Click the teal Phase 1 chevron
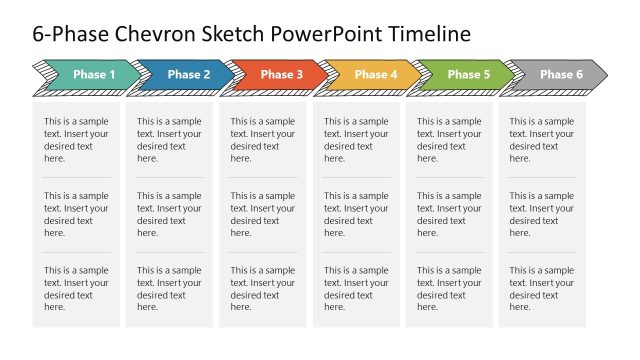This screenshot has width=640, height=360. (x=93, y=74)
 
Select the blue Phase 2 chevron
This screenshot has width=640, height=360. (x=187, y=74)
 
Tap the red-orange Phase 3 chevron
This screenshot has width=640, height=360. (x=281, y=74)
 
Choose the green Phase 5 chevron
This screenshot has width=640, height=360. (x=467, y=74)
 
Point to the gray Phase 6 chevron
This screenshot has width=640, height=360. (x=560, y=74)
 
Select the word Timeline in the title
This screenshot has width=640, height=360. (x=424, y=35)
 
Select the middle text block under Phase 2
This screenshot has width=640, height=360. (x=169, y=214)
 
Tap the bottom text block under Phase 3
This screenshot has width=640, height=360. (x=263, y=288)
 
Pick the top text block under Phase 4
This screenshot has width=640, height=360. (x=356, y=140)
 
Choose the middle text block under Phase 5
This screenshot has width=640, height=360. (x=449, y=214)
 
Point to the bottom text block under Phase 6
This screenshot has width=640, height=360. (x=542, y=288)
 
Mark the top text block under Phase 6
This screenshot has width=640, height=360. (x=542, y=140)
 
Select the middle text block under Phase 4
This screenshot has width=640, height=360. (x=356, y=214)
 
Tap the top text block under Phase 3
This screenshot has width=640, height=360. (x=263, y=140)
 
